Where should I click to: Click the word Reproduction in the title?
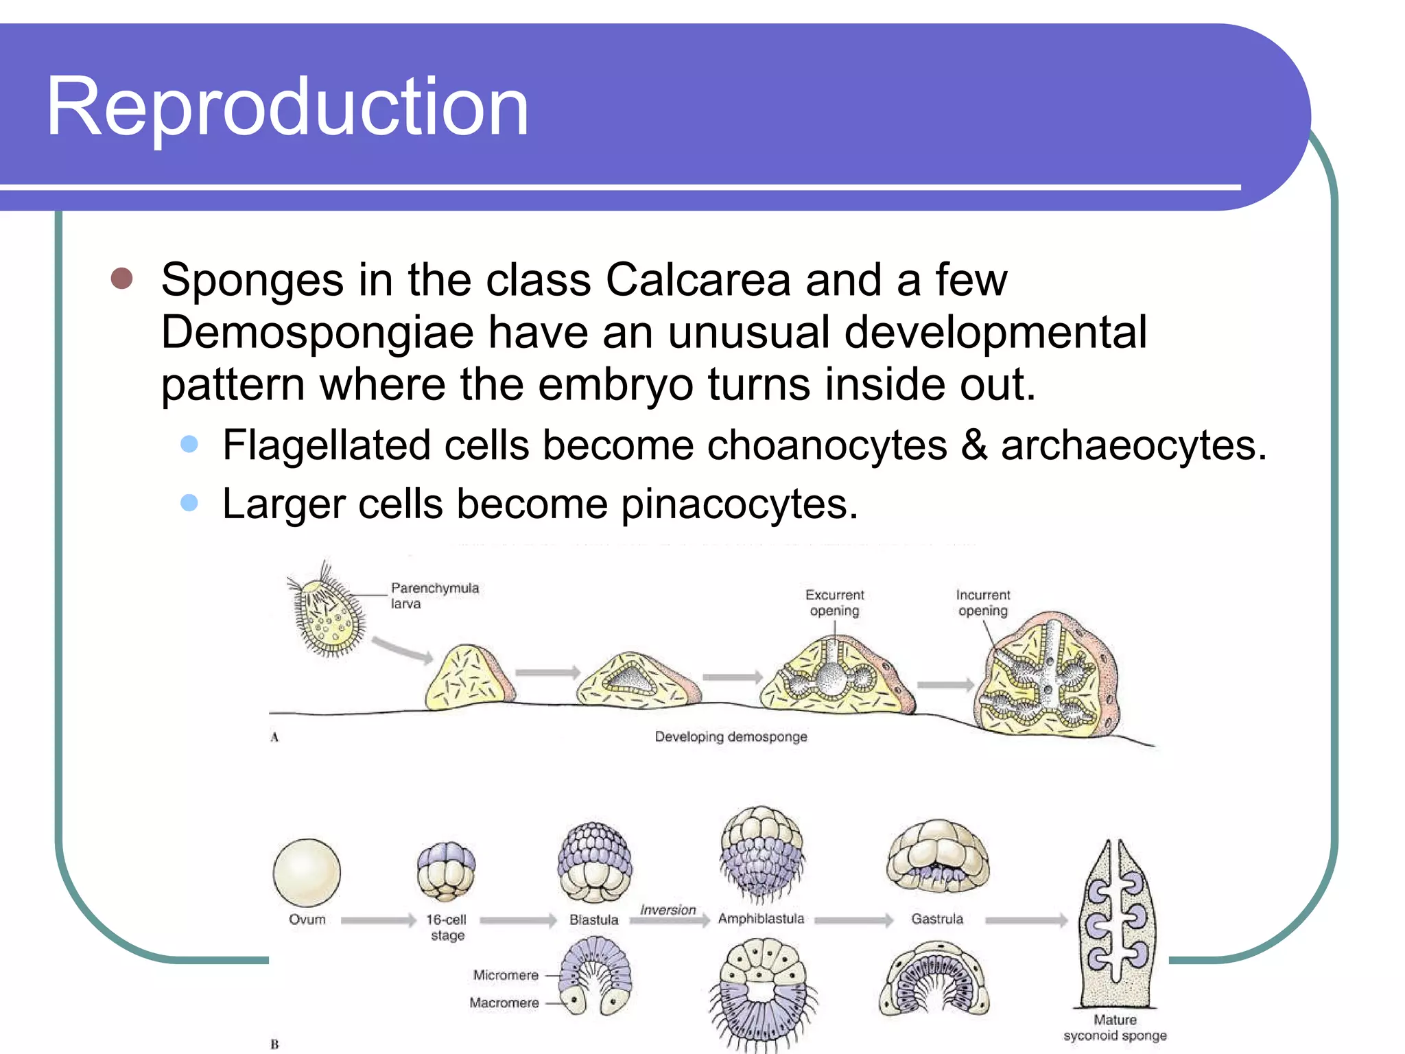(287, 107)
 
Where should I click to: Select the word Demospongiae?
(317, 333)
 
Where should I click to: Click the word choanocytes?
(827, 445)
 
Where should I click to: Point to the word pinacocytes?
(740, 504)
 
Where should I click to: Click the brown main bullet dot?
(121, 279)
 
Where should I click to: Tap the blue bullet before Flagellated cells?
(189, 444)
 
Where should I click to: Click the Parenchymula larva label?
(434, 596)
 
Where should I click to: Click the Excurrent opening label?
(834, 602)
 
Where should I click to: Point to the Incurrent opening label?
(982, 602)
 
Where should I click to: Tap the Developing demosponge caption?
(731, 737)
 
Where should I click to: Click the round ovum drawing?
(307, 872)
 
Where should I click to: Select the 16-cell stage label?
(447, 927)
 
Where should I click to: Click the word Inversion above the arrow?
(668, 910)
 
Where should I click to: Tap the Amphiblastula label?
(761, 919)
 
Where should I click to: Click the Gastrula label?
(937, 919)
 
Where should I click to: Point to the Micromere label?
(506, 975)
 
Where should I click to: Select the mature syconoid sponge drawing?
(1116, 923)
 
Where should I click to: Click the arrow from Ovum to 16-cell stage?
(378, 920)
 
